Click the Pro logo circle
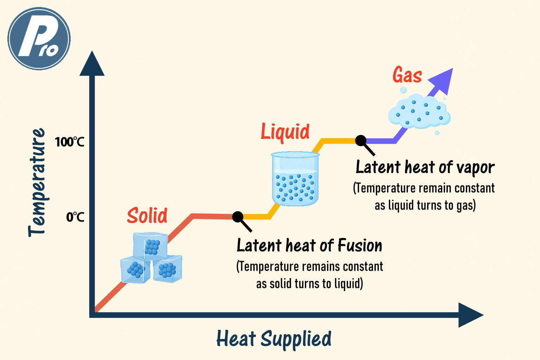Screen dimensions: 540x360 tap(39, 39)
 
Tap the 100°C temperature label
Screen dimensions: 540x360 tap(70, 142)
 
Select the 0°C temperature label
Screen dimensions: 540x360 tap(75, 217)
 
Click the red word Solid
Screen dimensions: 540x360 tap(147, 215)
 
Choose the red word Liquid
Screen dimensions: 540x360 tap(285, 132)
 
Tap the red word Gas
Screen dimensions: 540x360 tap(407, 75)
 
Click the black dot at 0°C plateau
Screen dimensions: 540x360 tap(238, 217)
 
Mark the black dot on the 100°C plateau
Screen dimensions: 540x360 tap(361, 140)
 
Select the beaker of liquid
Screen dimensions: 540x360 tap(295, 179)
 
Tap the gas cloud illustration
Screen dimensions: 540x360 tap(419, 112)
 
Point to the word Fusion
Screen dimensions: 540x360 tap(360, 245)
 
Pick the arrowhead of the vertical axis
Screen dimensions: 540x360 tap(92, 63)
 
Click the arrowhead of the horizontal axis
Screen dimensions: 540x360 tap(471, 315)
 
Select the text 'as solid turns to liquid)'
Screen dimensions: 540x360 tap(309, 284)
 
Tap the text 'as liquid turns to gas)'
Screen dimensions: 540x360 tap(425, 205)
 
